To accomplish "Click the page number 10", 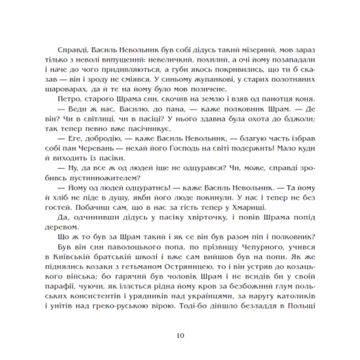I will coord(180,335).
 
